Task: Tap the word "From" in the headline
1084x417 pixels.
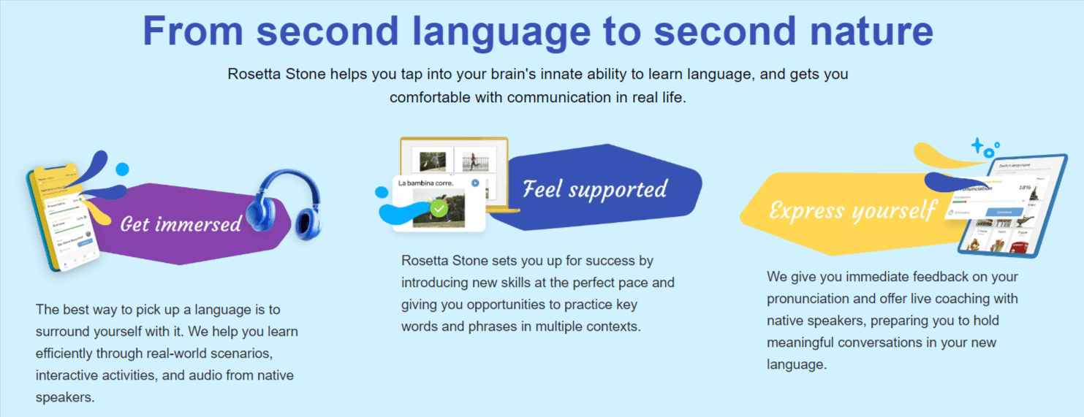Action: [191, 31]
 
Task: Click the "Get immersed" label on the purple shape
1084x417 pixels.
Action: [181, 223]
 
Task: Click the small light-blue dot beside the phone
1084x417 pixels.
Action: [122, 169]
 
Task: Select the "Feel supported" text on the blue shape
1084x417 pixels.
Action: [595, 189]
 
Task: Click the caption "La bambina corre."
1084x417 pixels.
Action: [425, 183]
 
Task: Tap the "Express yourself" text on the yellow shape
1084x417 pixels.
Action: [852, 211]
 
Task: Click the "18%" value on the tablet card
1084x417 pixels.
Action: [1025, 188]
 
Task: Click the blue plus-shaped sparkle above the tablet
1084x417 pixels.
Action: [977, 145]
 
